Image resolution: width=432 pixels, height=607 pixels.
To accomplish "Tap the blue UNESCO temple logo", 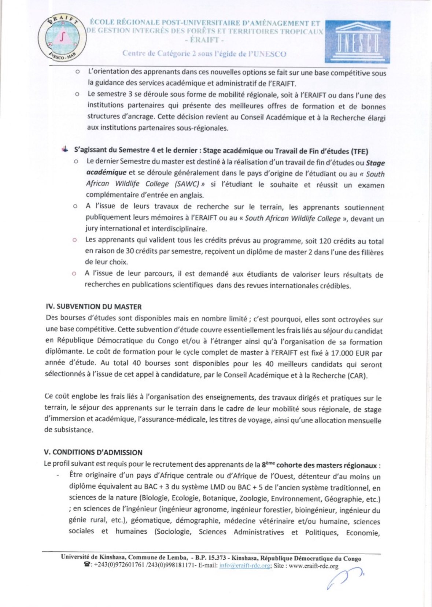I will tap(357, 41).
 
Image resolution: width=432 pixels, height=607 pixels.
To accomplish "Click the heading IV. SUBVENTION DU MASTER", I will tap(93, 307).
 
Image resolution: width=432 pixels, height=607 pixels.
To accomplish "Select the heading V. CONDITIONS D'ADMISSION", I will tap(93, 452).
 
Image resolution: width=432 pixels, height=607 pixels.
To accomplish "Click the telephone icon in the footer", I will tap(87, 566).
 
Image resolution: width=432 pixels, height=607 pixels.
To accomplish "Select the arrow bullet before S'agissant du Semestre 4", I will tap(65, 149).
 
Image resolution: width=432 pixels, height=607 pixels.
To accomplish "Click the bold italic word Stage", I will tap(376, 163).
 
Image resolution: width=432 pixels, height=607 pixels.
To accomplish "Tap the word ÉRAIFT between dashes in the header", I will tap(205, 40).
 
